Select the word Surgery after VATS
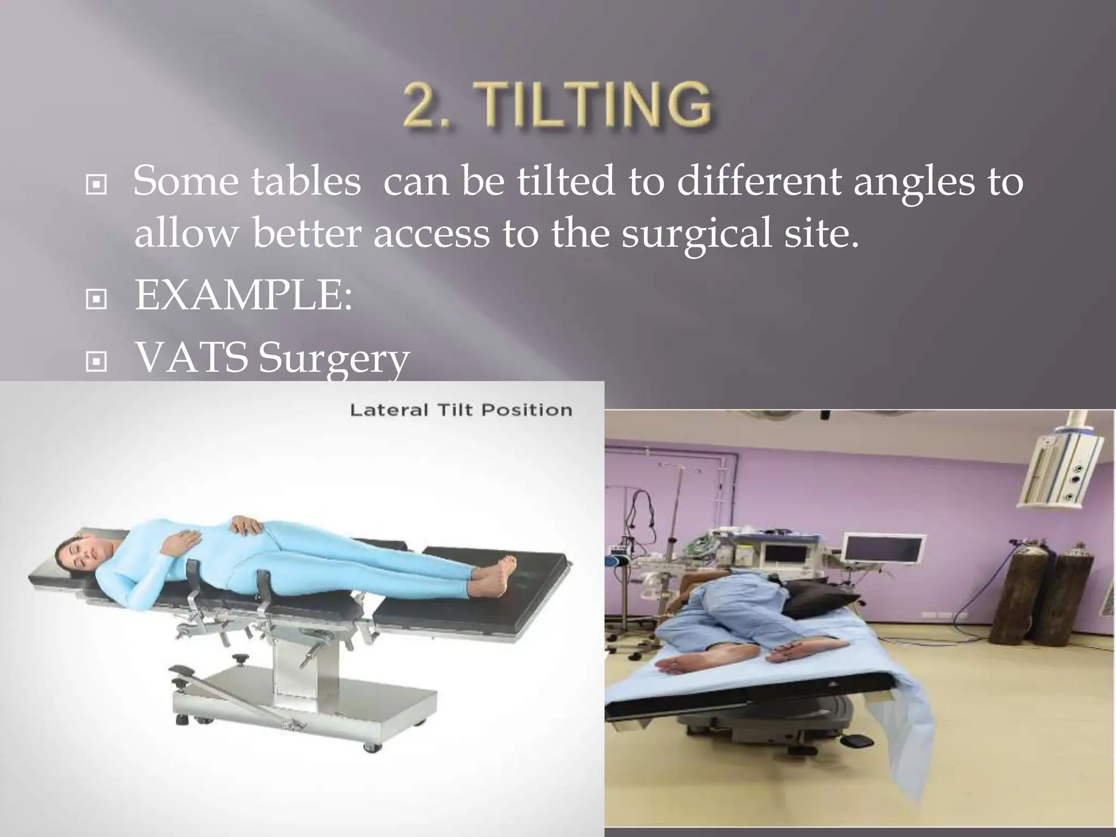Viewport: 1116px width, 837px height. point(333,360)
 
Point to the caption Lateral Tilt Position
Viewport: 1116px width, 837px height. point(460,410)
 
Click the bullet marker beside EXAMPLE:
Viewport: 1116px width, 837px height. point(96,299)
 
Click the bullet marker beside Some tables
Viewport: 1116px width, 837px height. point(96,186)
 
